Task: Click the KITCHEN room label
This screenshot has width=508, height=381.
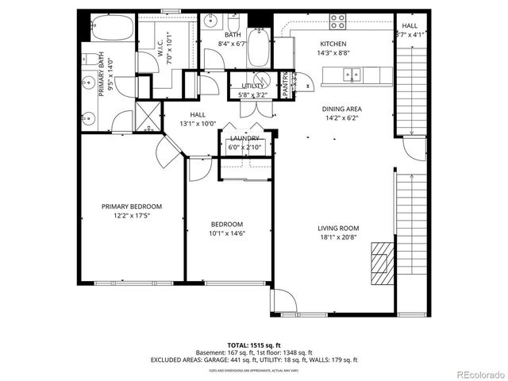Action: (x=333, y=44)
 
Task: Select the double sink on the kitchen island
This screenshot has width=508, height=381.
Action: (x=349, y=75)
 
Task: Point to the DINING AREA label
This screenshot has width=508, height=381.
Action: (x=341, y=109)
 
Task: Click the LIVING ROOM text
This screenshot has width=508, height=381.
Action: (x=339, y=228)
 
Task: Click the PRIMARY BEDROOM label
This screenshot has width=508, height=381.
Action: (x=132, y=206)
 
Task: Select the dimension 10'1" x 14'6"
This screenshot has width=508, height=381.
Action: (x=226, y=233)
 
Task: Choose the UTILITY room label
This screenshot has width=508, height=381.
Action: (x=252, y=86)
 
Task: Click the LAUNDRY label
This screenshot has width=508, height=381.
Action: (x=244, y=138)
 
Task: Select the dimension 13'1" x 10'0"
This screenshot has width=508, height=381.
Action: (x=198, y=124)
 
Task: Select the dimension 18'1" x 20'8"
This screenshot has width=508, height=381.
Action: (x=339, y=237)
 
